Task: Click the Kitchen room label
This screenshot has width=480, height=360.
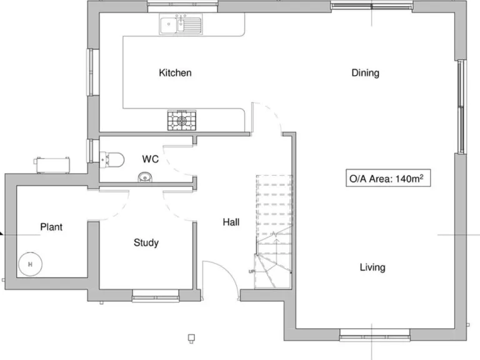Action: click(175, 73)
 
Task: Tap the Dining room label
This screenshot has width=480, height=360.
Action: click(365, 73)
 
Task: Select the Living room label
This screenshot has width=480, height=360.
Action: click(372, 267)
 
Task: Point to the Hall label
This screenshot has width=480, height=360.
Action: click(231, 222)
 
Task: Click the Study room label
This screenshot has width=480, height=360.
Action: click(146, 242)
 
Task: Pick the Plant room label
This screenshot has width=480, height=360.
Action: click(51, 227)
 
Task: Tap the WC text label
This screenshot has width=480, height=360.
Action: click(151, 159)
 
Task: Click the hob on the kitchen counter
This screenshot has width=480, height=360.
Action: click(181, 120)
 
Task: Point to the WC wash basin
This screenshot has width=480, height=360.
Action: click(145, 177)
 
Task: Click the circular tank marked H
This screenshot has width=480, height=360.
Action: click(29, 264)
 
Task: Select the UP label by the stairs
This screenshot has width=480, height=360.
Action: click(252, 272)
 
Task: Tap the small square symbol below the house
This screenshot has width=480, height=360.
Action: click(191, 339)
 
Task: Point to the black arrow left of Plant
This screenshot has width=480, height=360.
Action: click(2, 234)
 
